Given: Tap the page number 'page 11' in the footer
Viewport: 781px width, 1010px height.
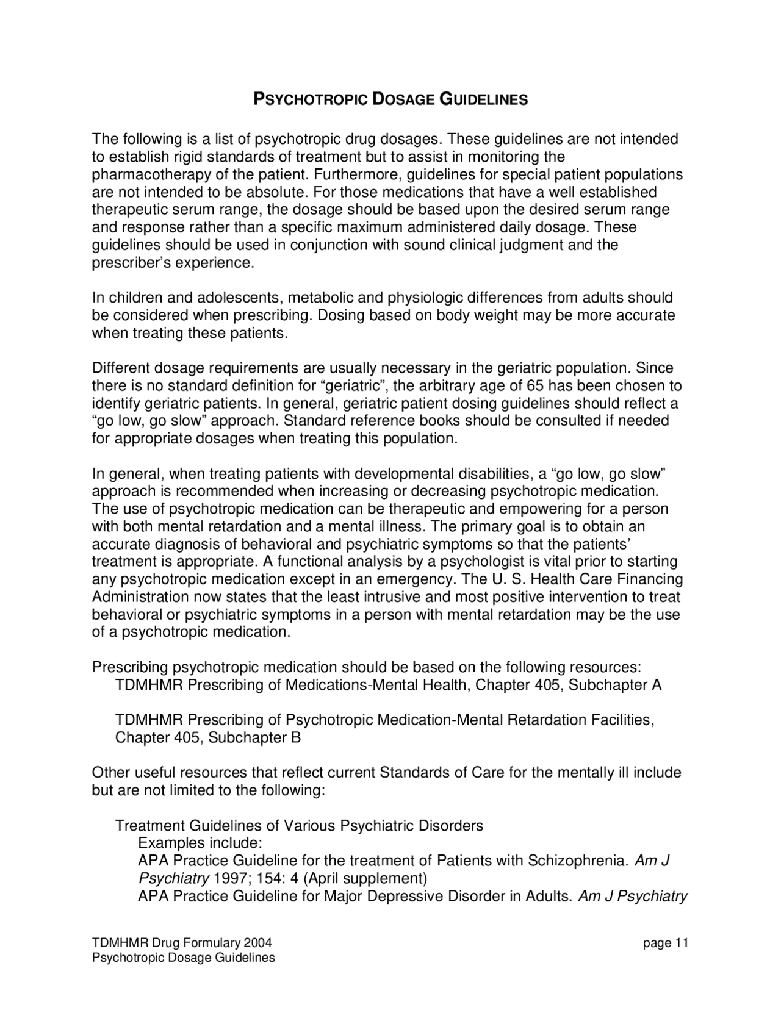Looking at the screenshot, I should tap(665, 944).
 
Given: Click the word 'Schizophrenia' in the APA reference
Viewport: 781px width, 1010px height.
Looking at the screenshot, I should tap(577, 861).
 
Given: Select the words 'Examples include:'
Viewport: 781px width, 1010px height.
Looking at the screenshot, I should tap(200, 843).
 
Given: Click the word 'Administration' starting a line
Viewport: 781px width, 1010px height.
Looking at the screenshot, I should tap(140, 597).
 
